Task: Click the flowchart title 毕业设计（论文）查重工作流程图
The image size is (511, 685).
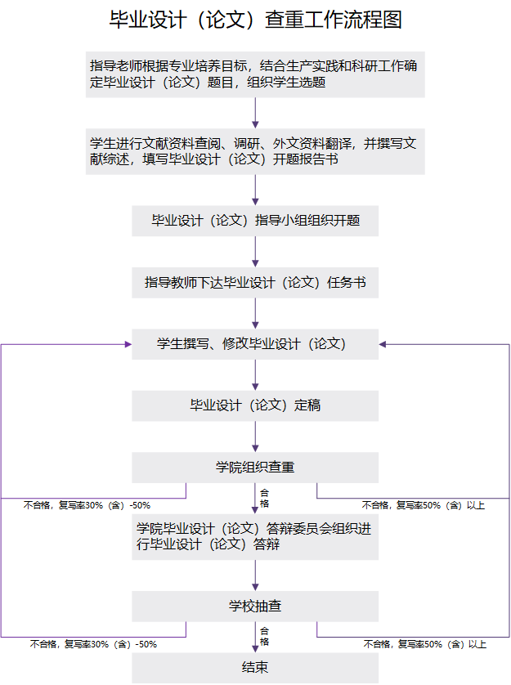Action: click(255, 20)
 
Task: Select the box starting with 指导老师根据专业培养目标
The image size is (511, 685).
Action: click(255, 74)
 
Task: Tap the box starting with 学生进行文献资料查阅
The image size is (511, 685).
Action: click(255, 152)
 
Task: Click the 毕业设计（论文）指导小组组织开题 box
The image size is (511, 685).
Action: click(255, 221)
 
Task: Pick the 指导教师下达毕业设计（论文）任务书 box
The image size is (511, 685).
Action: click(255, 283)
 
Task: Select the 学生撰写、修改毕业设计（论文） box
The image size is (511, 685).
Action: click(255, 344)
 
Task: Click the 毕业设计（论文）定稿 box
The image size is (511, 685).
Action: click(255, 405)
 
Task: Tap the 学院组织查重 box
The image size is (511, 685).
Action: click(255, 468)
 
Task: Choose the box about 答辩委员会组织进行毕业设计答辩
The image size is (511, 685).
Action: click(255, 536)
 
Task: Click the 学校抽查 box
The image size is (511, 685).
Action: click(255, 607)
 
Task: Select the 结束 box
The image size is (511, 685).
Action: click(255, 668)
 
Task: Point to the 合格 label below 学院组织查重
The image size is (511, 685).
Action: click(264, 498)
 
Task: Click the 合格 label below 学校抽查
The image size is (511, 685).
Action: click(264, 636)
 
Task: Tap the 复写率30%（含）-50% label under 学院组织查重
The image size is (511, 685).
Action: click(87, 505)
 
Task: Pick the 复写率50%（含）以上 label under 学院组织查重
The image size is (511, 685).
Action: click(424, 505)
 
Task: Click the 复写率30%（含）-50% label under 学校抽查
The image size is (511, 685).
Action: click(93, 644)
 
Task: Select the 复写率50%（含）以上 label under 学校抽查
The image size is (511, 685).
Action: click(424, 644)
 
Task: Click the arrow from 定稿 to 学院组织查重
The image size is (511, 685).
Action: click(255, 437)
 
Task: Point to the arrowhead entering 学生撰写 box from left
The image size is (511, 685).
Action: click(127, 344)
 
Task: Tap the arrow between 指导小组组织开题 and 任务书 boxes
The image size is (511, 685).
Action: click(255, 252)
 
